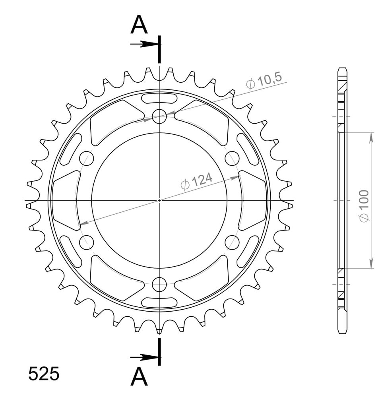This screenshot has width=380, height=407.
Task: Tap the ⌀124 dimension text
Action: coord(196,180)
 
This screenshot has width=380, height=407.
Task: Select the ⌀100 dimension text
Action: coord(364,206)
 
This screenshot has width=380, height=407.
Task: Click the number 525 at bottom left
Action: coord(44,374)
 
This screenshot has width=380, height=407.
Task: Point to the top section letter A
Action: coord(139,25)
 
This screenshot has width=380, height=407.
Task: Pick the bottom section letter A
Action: coord(139,376)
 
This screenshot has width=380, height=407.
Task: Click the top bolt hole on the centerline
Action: coord(159,116)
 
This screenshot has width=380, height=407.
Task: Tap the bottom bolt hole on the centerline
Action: coord(159,285)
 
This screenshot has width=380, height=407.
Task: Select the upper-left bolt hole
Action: coord(86,158)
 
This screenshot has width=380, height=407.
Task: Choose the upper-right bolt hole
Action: coord(232,158)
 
